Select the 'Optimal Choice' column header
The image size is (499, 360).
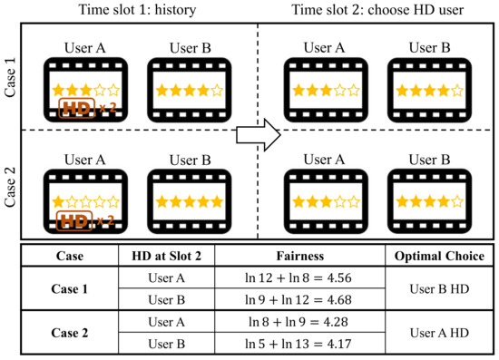click(438, 256)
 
